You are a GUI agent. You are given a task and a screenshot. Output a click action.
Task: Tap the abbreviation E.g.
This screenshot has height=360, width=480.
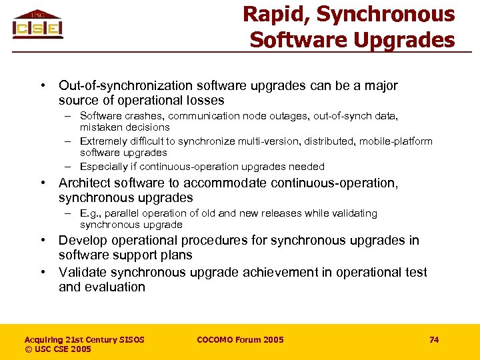[89, 213]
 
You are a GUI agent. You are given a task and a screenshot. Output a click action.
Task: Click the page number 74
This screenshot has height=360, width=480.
[434, 340]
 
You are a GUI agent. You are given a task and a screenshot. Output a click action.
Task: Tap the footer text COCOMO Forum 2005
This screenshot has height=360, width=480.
[240, 340]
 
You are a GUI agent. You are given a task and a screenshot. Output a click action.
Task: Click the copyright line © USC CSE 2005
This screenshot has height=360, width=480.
[57, 349]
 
